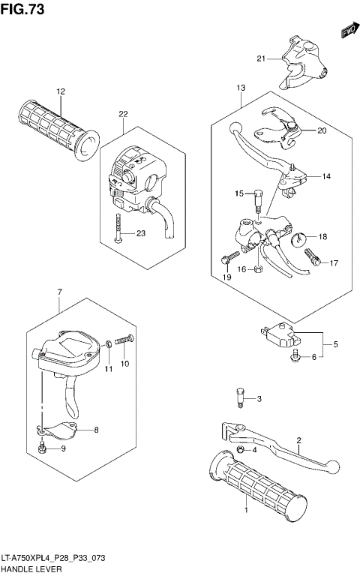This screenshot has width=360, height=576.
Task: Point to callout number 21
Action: pos(260,58)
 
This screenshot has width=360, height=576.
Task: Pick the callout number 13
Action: pos(240,88)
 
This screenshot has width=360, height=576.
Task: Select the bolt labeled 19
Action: pos(226,260)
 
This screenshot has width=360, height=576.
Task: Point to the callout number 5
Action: pos(335,344)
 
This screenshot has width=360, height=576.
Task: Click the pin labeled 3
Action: pos(241,397)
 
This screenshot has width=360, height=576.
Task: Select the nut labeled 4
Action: pos(241,448)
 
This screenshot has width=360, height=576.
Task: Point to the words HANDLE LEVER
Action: pos(29,568)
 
